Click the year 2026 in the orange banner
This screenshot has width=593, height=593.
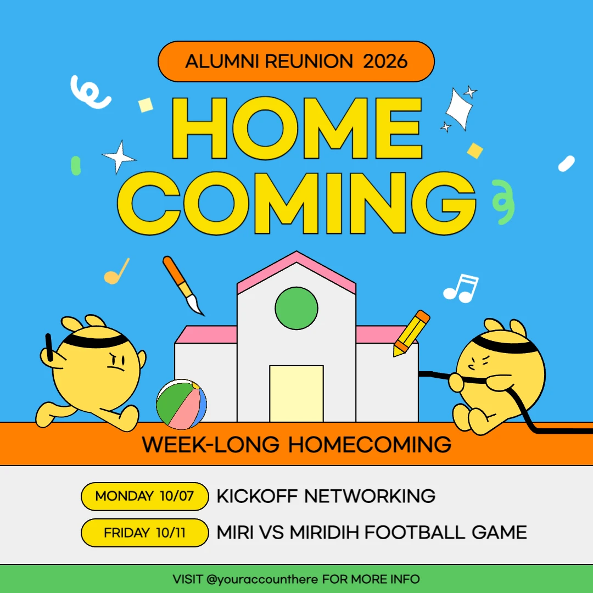tap(385, 61)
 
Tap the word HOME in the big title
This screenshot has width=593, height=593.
tap(297, 128)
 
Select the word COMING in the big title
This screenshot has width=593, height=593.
tap(297, 203)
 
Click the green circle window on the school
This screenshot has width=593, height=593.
tap(296, 308)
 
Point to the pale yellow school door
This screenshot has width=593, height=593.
tap(296, 393)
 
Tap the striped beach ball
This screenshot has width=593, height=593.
tap(182, 404)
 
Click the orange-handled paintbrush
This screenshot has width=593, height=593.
tap(183, 286)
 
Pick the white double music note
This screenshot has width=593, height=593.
tap(461, 288)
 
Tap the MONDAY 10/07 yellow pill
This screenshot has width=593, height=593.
tap(144, 496)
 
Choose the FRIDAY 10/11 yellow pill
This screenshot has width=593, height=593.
tap(144, 533)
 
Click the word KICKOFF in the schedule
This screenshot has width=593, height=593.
tap(257, 496)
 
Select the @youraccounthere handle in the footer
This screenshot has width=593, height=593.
tap(262, 579)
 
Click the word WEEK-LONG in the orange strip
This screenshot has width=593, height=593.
tap(211, 444)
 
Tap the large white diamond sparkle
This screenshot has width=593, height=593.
tap(459, 109)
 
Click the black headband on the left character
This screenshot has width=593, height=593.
tap(96, 340)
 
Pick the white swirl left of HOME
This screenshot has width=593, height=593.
tap(89, 92)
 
